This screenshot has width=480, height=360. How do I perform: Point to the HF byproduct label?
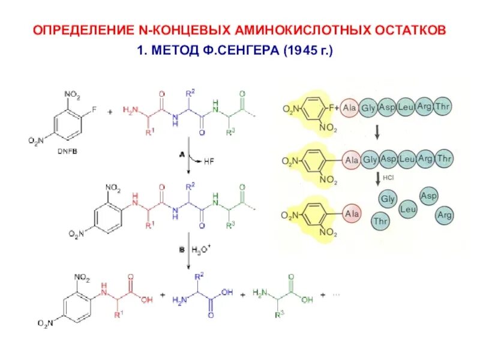[209, 161]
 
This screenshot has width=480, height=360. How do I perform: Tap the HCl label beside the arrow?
[389, 178]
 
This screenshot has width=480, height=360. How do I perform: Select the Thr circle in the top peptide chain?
[444, 107]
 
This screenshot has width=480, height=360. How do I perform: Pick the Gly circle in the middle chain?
[370, 160]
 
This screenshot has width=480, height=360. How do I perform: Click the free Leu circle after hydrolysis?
[408, 209]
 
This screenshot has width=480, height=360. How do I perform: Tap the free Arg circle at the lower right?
[445, 214]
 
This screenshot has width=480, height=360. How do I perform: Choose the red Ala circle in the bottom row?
[352, 213]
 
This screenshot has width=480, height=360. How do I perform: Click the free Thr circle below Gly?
[380, 221]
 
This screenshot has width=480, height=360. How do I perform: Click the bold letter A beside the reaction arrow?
[181, 154]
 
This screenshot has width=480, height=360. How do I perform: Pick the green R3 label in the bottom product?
[278, 329]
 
